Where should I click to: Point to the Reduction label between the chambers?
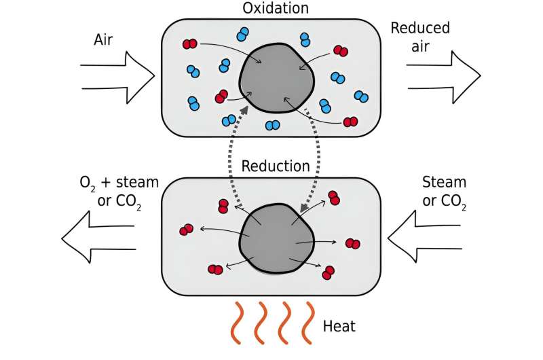pos(276,166)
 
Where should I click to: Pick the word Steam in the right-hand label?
pos(444,182)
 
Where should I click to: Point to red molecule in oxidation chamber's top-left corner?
pos(189,44)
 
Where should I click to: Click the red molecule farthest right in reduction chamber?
pos(353,243)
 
